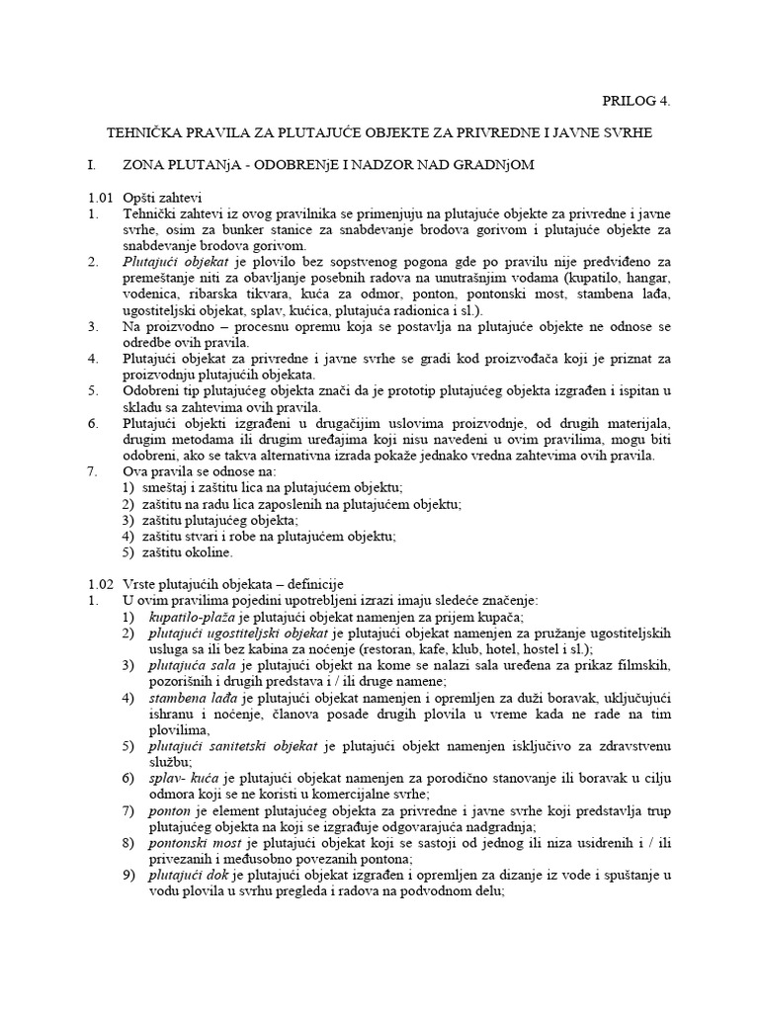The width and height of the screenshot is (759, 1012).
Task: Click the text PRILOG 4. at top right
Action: (x=642, y=100)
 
